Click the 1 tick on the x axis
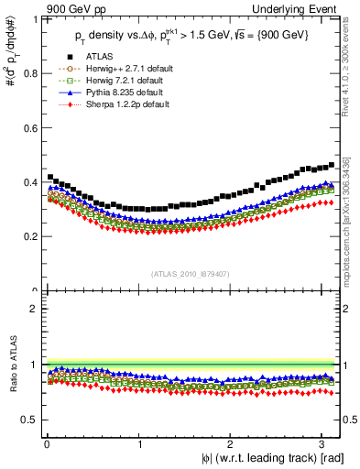tap(138, 442)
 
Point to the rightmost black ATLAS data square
tap(331, 165)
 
